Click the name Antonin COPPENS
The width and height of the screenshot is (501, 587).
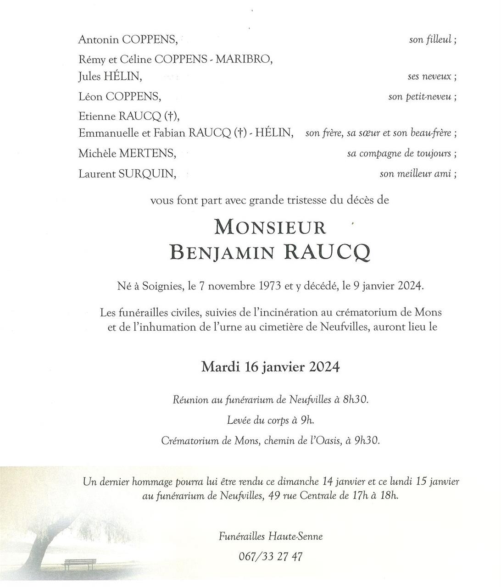coord(128,40)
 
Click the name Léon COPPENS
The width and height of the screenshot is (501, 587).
coord(120,97)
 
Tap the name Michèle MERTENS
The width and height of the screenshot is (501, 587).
coord(127,154)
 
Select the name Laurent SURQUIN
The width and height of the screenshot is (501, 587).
coord(127,174)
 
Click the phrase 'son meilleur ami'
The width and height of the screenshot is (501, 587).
coord(416,174)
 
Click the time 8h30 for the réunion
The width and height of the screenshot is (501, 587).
coord(355,399)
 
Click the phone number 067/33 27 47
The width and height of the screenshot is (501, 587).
coord(271,557)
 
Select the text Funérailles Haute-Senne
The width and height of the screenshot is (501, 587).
coord(271,536)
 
